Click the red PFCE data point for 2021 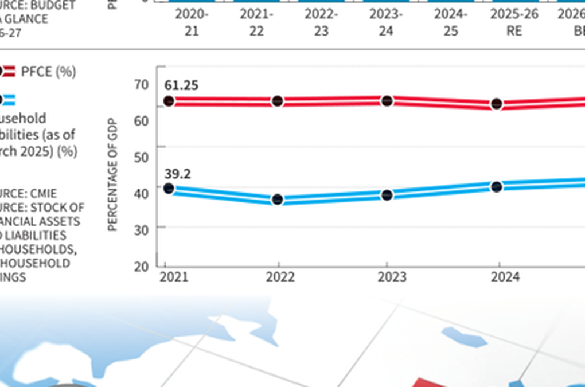point(169,101)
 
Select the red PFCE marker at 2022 point(278,101)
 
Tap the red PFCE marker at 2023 point(387,101)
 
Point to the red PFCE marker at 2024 point(497,104)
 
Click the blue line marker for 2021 point(169,189)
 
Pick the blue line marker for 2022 point(278,200)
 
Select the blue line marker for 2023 point(387,195)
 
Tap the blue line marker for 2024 point(497,187)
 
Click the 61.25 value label point(181,85)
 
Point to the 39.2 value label point(177,174)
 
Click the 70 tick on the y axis point(142,85)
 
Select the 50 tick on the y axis point(142,157)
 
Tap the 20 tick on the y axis point(142,266)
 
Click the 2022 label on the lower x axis point(280,277)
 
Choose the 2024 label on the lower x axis point(505,277)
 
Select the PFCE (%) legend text point(48,72)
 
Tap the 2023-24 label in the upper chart point(386,22)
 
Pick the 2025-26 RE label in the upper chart point(514,22)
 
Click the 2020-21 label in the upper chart point(192,22)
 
